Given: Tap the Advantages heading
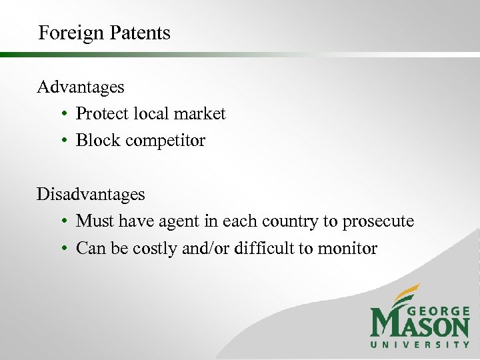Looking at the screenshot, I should click(81, 87).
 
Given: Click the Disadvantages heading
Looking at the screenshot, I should click(91, 194).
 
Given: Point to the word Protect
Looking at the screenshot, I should click(103, 114).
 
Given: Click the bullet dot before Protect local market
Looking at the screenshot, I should click(61, 115).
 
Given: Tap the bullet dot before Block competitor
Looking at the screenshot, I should click(61, 141).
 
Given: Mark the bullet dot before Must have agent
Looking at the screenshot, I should click(61, 222).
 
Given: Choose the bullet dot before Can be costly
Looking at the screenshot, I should click(61, 249).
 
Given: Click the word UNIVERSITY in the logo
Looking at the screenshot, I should click(420, 345).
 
